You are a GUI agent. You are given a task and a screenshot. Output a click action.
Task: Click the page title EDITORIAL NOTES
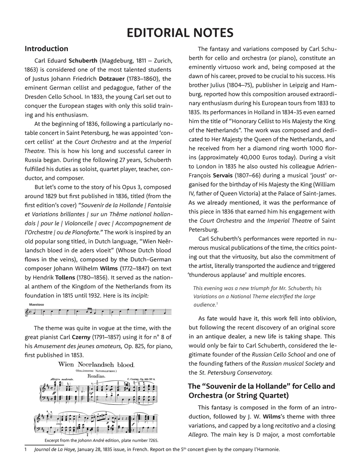tap(180, 33)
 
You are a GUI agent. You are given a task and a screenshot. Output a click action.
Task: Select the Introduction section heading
tap(46, 49)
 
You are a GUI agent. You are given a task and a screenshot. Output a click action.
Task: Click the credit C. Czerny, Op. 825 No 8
tap(141, 379)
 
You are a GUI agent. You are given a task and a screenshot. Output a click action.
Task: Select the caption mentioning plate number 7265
tap(101, 440)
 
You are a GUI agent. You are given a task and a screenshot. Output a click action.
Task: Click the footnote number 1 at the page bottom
tap(26, 450)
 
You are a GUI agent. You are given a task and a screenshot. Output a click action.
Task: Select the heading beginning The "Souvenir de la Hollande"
tap(262, 391)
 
